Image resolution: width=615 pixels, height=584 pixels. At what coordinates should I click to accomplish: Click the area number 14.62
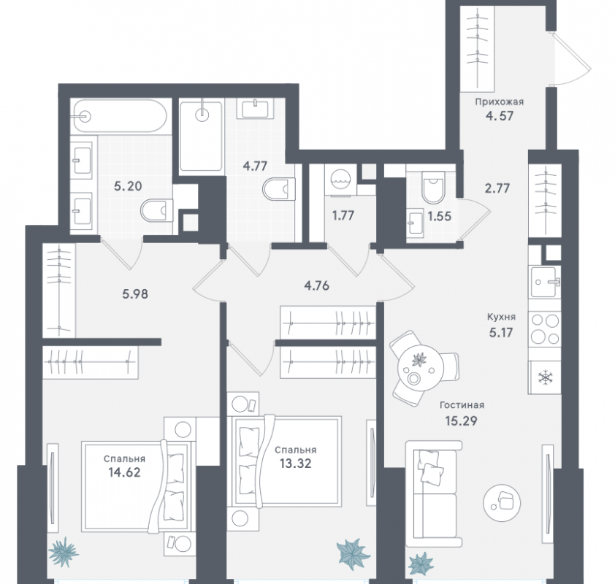coord(124,472)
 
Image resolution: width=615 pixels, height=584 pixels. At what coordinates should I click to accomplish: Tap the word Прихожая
coord(500,102)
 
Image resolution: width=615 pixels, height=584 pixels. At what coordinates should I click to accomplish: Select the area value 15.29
coord(462,421)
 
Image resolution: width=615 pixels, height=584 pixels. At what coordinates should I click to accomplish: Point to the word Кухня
coord(501,317)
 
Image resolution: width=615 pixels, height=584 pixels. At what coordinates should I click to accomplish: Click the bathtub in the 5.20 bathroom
coord(121,115)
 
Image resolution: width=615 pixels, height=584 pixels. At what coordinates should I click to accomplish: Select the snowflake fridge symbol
coord(545,377)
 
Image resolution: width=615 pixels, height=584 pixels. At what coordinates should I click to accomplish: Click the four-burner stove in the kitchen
coord(544,328)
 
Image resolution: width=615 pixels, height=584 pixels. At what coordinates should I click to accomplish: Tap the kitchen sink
coord(544,282)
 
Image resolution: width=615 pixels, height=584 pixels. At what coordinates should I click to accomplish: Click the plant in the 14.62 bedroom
coord(63,551)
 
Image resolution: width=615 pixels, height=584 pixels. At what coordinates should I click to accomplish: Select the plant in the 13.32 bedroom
coord(354,555)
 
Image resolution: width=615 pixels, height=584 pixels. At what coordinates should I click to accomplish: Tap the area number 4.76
coord(316,285)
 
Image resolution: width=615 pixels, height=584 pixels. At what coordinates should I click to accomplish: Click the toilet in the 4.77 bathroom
coord(279,190)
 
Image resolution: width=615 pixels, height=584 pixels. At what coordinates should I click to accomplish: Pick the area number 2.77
coord(497,188)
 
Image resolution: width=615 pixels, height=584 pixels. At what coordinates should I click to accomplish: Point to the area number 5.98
coord(135,293)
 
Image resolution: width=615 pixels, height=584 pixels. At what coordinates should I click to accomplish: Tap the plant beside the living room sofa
coord(421,564)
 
